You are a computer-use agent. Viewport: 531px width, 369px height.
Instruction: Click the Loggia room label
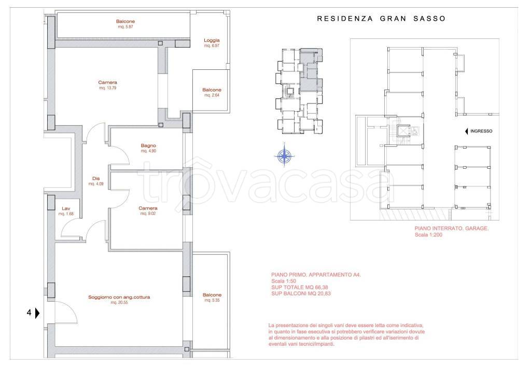click(212, 40)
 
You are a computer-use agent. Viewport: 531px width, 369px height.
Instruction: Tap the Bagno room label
click(148, 145)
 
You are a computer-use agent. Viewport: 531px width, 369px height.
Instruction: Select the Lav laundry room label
click(66, 209)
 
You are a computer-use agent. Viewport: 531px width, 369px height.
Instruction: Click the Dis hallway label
click(96, 179)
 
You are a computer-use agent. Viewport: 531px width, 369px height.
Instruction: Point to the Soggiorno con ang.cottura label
click(119, 297)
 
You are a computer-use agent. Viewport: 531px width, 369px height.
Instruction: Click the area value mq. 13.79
click(108, 88)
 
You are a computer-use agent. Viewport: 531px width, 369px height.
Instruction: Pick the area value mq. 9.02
click(148, 214)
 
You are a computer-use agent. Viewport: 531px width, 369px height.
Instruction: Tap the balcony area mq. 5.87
click(125, 27)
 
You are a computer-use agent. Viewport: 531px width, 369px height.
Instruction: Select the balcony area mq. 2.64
click(212, 95)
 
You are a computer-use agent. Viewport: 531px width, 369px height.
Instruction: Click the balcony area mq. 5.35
click(212, 300)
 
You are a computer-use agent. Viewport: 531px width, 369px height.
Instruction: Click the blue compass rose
click(285, 156)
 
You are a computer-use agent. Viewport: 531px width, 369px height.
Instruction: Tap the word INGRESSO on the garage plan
click(481, 131)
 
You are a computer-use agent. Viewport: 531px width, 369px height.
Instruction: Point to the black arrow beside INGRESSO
click(467, 131)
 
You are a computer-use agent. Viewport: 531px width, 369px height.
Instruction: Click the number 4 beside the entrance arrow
click(29, 313)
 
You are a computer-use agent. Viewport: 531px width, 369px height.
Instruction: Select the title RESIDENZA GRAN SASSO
click(381, 19)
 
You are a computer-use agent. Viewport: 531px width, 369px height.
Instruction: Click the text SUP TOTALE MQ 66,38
click(300, 287)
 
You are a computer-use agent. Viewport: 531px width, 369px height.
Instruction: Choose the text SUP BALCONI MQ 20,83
click(301, 293)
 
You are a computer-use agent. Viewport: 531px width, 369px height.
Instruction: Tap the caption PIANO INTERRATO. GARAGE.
click(452, 228)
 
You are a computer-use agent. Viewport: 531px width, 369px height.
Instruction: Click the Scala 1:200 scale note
click(428, 235)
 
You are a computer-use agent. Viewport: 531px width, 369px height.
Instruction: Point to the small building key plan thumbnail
click(300, 91)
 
